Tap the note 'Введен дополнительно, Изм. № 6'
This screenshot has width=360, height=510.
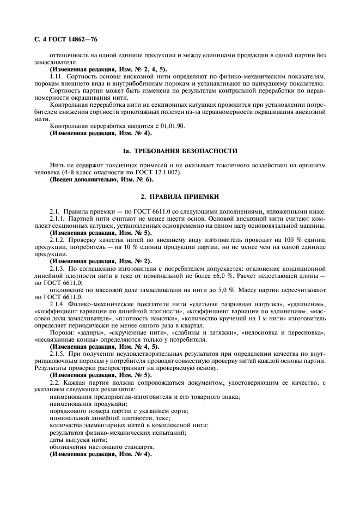pos(101,179)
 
